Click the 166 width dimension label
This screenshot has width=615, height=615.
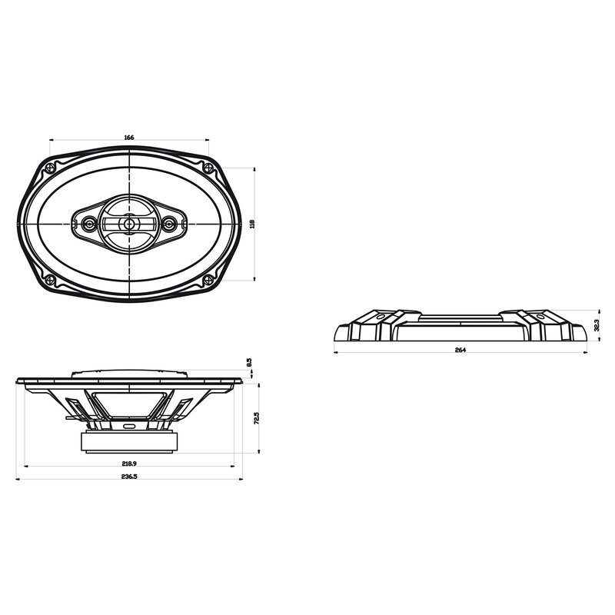pyautogui.click(x=128, y=137)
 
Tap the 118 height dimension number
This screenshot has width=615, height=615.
pyautogui.click(x=252, y=223)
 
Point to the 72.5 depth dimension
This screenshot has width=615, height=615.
pyautogui.click(x=257, y=419)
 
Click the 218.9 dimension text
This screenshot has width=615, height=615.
pyautogui.click(x=128, y=464)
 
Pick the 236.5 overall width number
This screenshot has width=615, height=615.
pyautogui.click(x=128, y=477)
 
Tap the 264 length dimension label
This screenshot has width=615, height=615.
pyautogui.click(x=460, y=350)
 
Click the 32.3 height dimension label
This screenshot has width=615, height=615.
pyautogui.click(x=597, y=326)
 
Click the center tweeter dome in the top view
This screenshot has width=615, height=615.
pyautogui.click(x=130, y=224)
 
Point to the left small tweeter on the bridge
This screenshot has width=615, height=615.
pyautogui.click(x=90, y=224)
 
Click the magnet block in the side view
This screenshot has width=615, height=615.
pyautogui.click(x=129, y=441)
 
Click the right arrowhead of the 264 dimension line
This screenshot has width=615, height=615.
pyautogui.click(x=587, y=354)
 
